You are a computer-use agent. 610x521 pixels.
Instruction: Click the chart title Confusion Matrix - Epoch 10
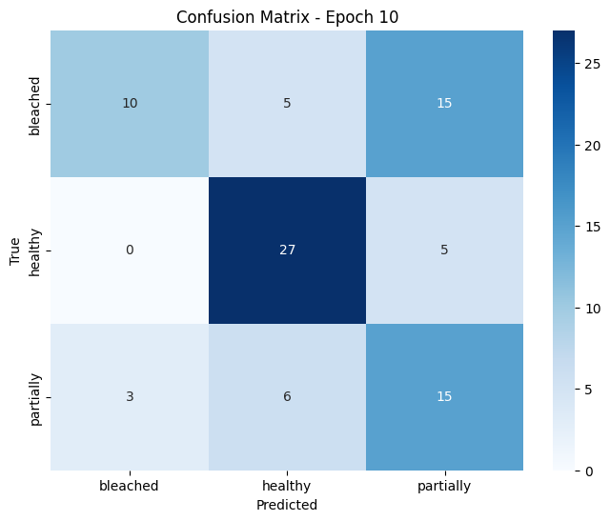(287, 15)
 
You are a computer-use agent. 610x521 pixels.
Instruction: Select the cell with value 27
(287, 250)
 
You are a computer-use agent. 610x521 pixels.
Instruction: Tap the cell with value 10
(130, 104)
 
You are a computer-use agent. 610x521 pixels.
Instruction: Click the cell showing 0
(130, 250)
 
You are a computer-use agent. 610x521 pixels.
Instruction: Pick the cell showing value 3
(130, 397)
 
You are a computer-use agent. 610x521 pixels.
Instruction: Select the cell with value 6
(287, 397)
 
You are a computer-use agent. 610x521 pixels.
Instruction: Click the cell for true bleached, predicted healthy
(287, 104)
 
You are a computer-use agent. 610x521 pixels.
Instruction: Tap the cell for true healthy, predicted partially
(444, 250)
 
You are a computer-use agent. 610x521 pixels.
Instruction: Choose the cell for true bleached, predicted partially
(444, 104)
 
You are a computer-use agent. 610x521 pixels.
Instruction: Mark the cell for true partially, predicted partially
(444, 397)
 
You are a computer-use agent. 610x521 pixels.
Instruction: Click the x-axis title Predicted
(287, 505)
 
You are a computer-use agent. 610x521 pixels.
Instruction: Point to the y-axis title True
(14, 250)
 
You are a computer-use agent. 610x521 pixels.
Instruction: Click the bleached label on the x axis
(130, 485)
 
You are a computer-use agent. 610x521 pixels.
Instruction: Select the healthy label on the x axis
(287, 485)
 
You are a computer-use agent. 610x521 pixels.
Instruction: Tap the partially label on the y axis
(36, 397)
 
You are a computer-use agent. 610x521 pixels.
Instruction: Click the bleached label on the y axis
(36, 104)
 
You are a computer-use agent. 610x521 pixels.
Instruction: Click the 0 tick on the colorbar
(591, 471)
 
